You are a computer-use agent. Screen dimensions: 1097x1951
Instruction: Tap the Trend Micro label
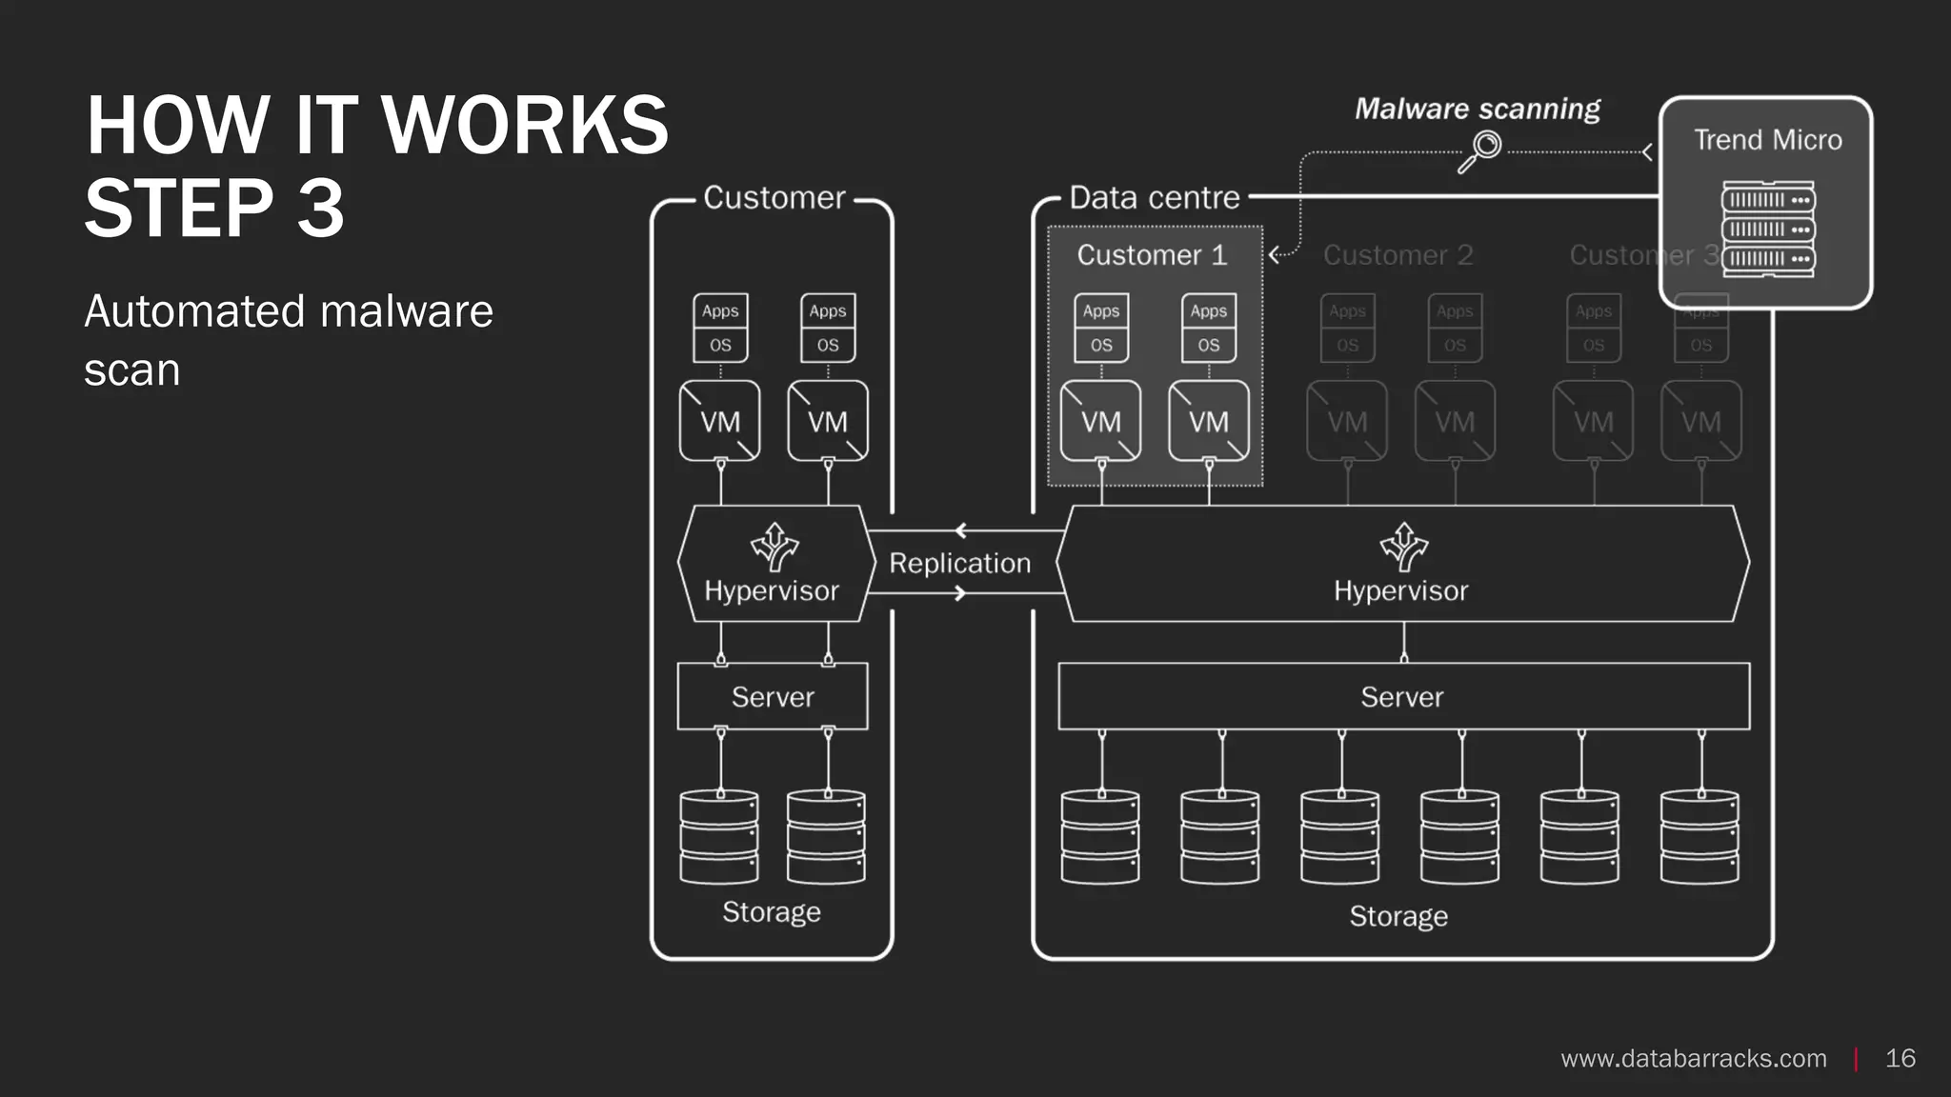1767,140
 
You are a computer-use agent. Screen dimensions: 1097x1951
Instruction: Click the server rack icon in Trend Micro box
1767,229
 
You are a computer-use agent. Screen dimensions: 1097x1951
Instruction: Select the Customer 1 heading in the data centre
1152,255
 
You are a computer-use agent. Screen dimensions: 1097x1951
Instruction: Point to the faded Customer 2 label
1398,255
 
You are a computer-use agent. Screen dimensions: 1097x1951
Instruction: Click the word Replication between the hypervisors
959,563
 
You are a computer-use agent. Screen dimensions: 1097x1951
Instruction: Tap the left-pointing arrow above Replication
960,530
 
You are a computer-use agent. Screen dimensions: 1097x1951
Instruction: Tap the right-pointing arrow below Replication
960,593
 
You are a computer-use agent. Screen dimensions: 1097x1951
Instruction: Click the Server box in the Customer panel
772,696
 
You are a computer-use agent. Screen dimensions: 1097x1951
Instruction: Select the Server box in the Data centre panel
1402,696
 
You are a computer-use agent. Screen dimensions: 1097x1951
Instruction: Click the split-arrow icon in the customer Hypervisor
774,547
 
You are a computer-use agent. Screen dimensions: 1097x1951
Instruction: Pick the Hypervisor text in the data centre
1400,590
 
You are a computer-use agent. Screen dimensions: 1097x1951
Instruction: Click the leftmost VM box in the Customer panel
720,421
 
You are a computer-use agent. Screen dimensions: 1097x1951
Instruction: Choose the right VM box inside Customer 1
1208,421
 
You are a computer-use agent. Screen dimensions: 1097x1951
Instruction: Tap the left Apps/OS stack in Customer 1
1101,328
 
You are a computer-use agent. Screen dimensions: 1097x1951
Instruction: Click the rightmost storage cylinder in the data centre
1700,836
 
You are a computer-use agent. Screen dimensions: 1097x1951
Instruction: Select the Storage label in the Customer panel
771,912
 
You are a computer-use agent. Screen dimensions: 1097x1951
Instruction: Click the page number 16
1900,1058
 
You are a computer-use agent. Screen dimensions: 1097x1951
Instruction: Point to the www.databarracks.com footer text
1693,1058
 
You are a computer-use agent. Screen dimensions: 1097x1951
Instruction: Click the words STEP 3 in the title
214,208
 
